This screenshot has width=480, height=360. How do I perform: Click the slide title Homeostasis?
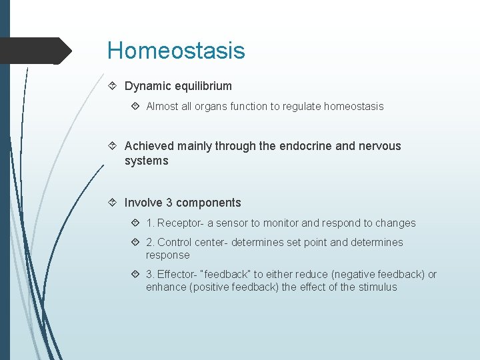(x=176, y=51)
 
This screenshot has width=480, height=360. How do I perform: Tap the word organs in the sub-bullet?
(x=210, y=107)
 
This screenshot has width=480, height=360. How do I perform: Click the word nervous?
(x=378, y=145)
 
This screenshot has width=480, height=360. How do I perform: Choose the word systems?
(x=146, y=161)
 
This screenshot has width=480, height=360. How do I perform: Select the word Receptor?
(x=179, y=223)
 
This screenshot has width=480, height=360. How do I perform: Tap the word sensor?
(x=232, y=223)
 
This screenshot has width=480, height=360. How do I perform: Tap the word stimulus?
(x=376, y=287)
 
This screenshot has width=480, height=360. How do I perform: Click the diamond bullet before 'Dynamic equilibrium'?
(x=113, y=86)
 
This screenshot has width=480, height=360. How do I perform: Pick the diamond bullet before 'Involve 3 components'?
(x=113, y=203)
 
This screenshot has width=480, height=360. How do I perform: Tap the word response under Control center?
(x=167, y=255)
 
